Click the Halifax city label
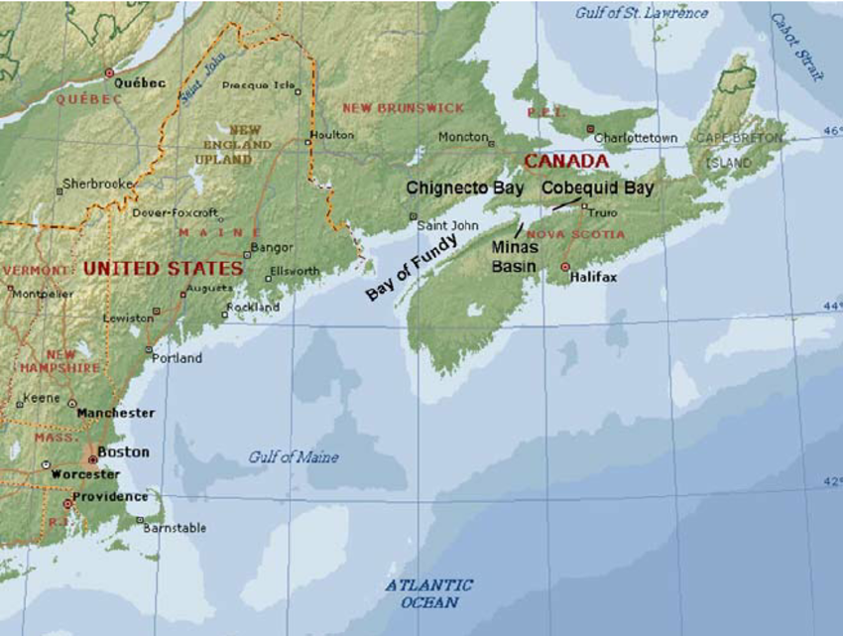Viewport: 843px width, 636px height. coord(593,278)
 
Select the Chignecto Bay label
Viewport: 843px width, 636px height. coord(465,188)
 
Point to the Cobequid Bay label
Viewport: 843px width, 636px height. coord(597,188)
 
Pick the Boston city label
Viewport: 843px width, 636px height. coord(123,452)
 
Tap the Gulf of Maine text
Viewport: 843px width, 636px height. coord(293,457)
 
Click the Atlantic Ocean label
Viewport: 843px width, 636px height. coord(429,593)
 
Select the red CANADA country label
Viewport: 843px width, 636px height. coord(565,161)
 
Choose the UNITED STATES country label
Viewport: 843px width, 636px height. coord(163,269)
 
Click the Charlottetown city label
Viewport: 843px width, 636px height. coord(636,138)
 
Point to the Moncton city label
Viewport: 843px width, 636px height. coord(462,137)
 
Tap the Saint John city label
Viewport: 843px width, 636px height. coord(447,225)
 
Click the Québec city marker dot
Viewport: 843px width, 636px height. coord(109,72)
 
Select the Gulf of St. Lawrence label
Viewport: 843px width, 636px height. coord(642,13)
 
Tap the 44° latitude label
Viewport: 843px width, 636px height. coord(832,307)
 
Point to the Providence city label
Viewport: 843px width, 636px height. coord(110,496)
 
